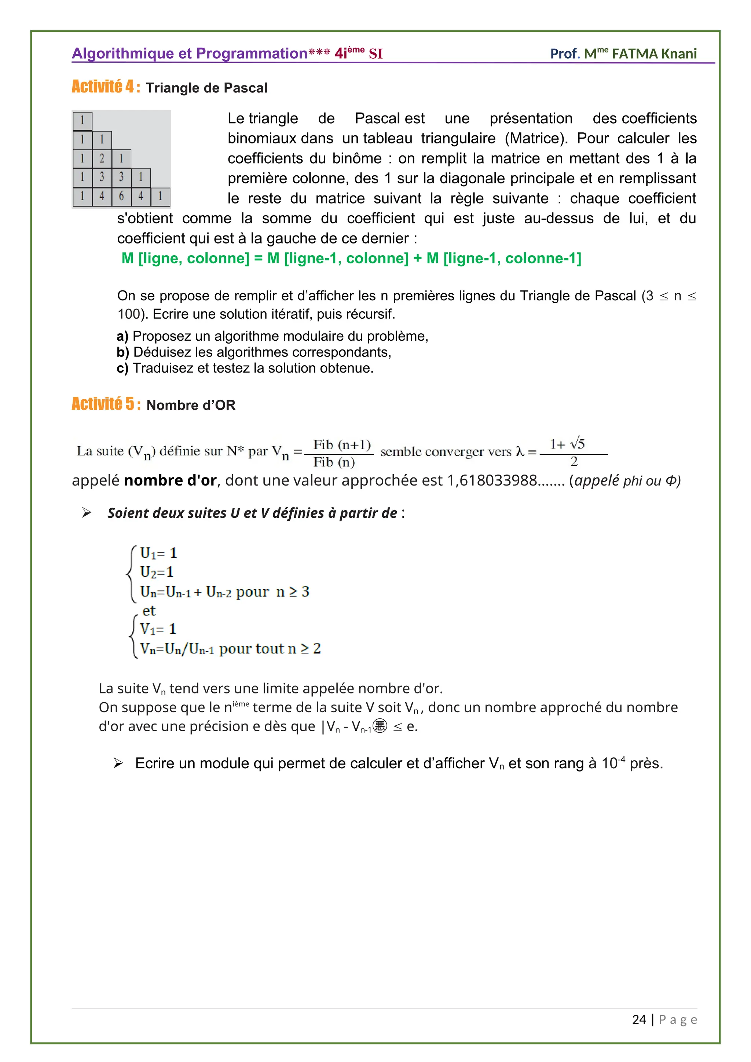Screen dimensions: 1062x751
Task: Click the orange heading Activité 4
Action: [106, 87]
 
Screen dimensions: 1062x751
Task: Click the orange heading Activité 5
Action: [106, 404]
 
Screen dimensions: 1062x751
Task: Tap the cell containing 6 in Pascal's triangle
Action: [121, 196]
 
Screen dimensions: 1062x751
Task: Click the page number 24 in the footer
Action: [639, 1019]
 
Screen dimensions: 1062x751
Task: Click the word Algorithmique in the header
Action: [123, 54]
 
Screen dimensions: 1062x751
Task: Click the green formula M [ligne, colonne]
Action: [185, 258]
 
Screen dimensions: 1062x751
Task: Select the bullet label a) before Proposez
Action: [122, 336]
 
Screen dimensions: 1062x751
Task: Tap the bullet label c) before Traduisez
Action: [122, 368]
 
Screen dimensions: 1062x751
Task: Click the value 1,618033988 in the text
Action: [492, 481]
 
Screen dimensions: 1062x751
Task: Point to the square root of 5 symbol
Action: [577, 444]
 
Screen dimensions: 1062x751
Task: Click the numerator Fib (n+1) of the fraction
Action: [342, 444]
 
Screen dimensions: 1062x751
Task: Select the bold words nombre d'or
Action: [170, 481]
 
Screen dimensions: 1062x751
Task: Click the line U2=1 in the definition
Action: [157, 572]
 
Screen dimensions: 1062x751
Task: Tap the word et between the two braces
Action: [149, 611]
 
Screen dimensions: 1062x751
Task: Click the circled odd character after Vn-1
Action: [380, 726]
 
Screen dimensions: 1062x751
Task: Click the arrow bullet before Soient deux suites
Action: [87, 513]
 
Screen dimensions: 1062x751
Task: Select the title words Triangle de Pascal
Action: [207, 88]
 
